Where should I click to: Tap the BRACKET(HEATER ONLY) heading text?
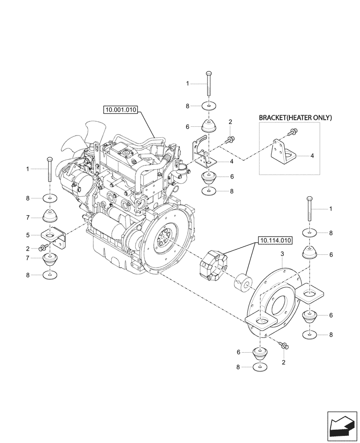(x=295, y=117)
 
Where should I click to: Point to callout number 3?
(x=282, y=254)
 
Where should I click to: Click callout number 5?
(x=28, y=235)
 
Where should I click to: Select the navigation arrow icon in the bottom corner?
(x=342, y=426)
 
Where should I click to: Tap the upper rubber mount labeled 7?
(x=50, y=217)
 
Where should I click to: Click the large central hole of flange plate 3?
(x=279, y=306)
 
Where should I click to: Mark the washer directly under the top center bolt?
(x=208, y=106)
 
